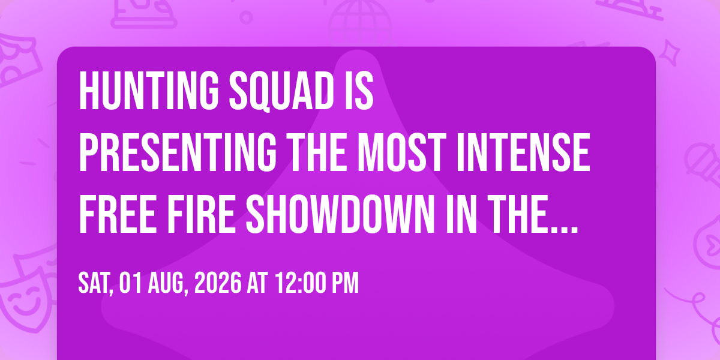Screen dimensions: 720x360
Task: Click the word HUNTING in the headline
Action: pos(149,91)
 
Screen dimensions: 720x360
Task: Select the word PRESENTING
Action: pos(178,152)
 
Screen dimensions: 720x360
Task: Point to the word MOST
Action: pos(402,152)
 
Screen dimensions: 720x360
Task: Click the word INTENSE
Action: pos(523,152)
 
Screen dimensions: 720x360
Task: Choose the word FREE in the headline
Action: pos(118,213)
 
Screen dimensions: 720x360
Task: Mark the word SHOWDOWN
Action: pos(341,213)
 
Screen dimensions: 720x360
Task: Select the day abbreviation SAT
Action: pos(95,283)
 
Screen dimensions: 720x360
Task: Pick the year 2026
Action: pos(218,283)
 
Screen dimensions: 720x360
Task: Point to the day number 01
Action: pos(130,283)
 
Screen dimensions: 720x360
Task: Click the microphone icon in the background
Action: pos(703,164)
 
